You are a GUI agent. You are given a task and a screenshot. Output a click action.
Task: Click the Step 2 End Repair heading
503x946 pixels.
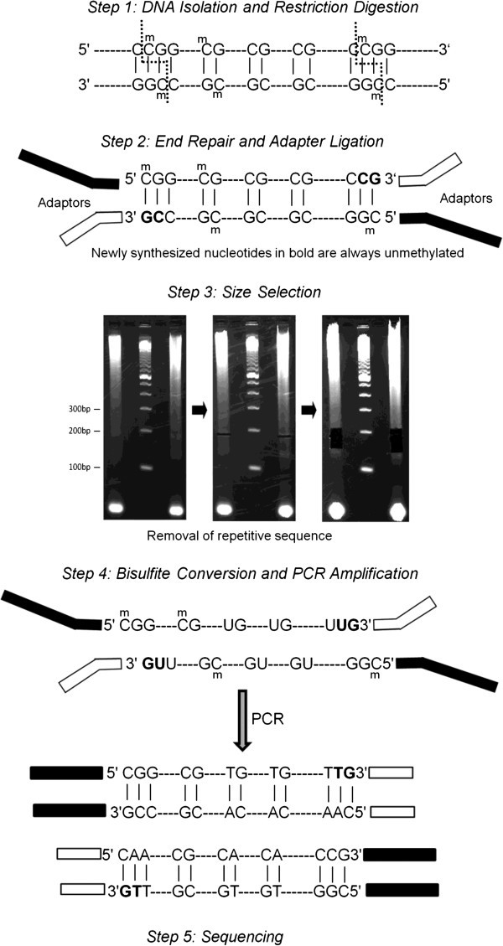coord(252,140)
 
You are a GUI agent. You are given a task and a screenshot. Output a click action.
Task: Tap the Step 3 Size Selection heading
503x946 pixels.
coord(251,293)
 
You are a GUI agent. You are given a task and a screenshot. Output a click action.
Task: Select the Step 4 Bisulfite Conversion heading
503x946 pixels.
coord(252,574)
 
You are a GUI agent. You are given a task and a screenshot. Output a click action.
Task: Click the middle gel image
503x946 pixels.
coord(251,419)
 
